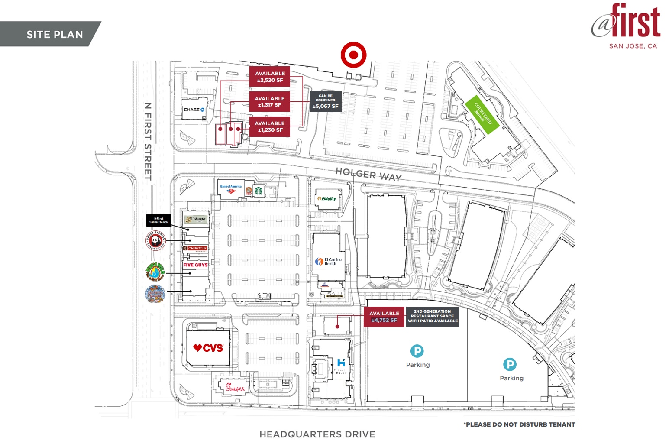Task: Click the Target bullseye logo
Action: point(353,55)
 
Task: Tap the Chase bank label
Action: point(194,110)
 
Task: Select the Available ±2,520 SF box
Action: point(270,77)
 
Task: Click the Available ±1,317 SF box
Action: point(269,102)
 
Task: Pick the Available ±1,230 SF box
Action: point(269,126)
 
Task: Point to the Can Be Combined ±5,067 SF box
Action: point(325,101)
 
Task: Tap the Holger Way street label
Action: point(368,174)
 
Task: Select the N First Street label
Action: point(148,141)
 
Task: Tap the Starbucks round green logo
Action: point(259,190)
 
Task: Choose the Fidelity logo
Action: point(327,199)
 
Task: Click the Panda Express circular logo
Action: point(155,240)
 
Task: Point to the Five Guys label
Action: point(195,265)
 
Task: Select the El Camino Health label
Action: point(329,262)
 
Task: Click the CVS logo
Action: point(208,348)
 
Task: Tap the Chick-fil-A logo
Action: point(235,387)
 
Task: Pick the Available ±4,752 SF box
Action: point(384,317)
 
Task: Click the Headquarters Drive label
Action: point(317,434)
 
